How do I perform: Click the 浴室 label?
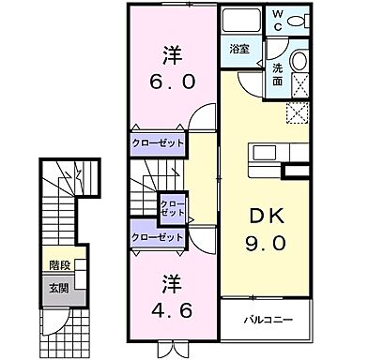238,48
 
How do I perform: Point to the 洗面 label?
278,74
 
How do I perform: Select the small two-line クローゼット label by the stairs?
172,207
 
